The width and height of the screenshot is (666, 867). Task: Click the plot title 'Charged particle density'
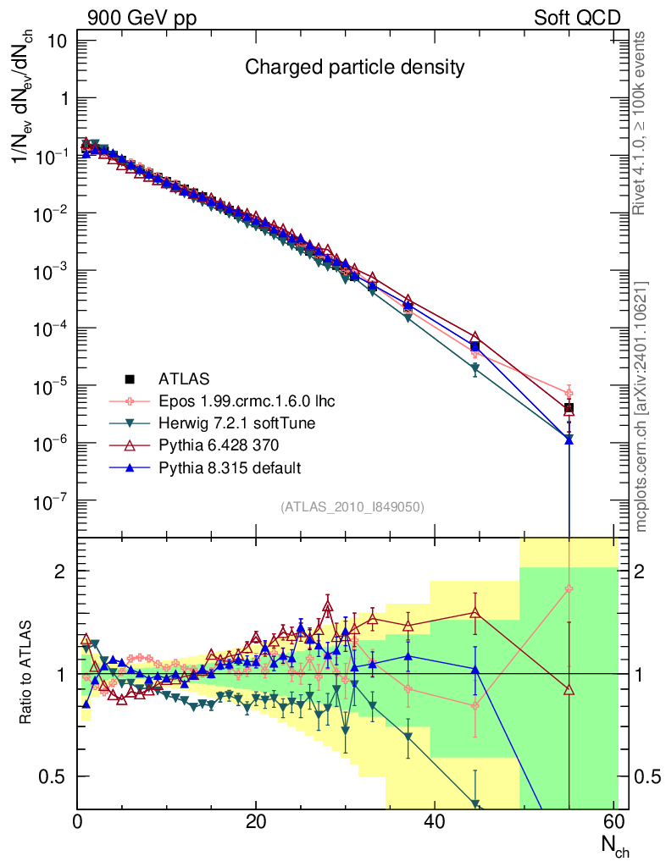[x=355, y=67]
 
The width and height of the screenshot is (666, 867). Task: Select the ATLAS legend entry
[x=182, y=378]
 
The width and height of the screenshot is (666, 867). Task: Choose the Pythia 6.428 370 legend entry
[x=217, y=445]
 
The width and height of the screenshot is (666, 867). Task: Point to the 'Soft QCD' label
[x=577, y=18]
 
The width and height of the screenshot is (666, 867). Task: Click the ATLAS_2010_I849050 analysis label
[x=352, y=506]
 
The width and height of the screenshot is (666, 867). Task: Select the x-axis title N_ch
[x=614, y=848]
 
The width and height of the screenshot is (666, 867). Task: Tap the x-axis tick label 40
[x=435, y=822]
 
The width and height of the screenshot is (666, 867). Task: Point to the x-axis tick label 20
[x=256, y=822]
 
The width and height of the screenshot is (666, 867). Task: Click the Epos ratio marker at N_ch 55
[x=569, y=588]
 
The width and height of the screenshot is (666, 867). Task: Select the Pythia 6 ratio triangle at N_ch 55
[x=569, y=689]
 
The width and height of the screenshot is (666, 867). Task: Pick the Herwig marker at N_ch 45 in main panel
[x=475, y=368]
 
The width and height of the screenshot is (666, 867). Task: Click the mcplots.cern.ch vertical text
[x=642, y=406]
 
